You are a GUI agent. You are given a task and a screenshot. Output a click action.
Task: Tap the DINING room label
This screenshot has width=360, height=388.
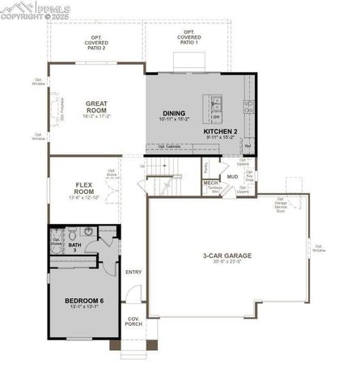point(173,113)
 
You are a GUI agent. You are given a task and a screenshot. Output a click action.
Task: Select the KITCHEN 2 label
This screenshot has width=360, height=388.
point(220,131)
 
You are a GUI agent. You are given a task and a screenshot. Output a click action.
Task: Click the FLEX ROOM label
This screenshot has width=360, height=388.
point(86,188)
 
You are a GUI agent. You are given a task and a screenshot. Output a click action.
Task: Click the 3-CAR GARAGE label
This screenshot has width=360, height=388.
point(227,255)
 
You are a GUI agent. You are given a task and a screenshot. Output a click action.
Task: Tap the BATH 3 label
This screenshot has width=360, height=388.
point(74,247)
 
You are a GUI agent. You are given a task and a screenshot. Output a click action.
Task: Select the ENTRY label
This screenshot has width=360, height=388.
point(133,272)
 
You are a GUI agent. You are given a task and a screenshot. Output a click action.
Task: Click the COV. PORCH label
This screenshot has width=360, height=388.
point(133,322)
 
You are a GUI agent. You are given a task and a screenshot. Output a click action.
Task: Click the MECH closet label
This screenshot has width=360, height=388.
point(210,183)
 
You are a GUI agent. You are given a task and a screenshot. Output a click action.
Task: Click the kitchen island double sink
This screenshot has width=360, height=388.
point(218,103)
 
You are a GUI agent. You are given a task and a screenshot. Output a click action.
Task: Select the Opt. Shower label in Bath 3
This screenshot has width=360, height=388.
point(57,241)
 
